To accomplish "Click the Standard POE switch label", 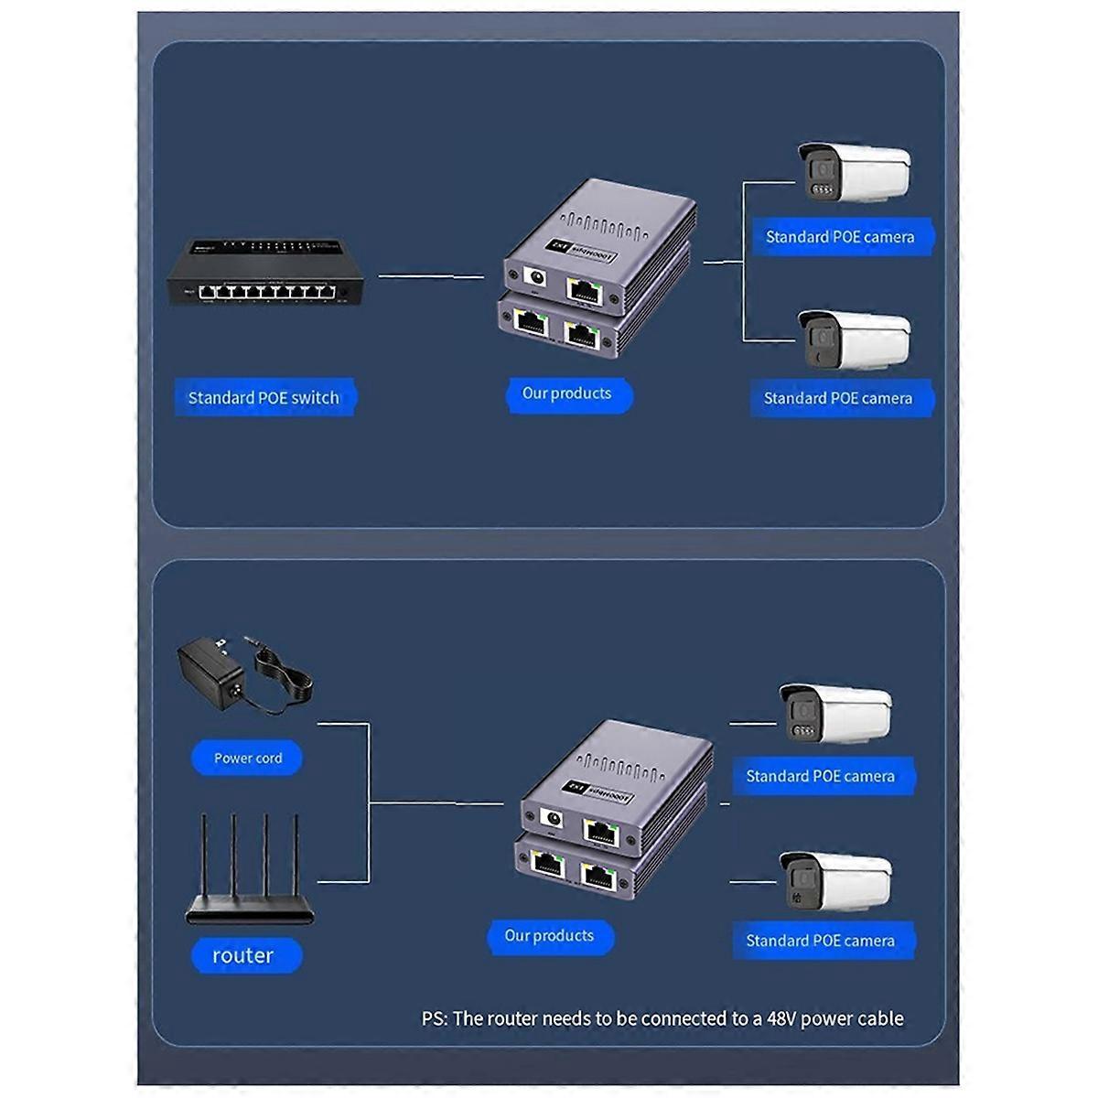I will pos(264,398).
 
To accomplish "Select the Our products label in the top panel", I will pos(567,393).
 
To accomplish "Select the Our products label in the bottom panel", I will pos(549,936).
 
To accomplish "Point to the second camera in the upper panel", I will pos(853,338).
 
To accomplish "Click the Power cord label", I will pos(248,758).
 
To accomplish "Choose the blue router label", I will pos(243,955).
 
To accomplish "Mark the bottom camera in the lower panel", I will pos(834,880).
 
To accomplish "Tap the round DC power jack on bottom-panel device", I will pos(552,820).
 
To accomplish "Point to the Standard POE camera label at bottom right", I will pos(821,941).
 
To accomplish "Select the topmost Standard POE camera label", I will pos(840,237).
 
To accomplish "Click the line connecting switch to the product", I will pos(430,275).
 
